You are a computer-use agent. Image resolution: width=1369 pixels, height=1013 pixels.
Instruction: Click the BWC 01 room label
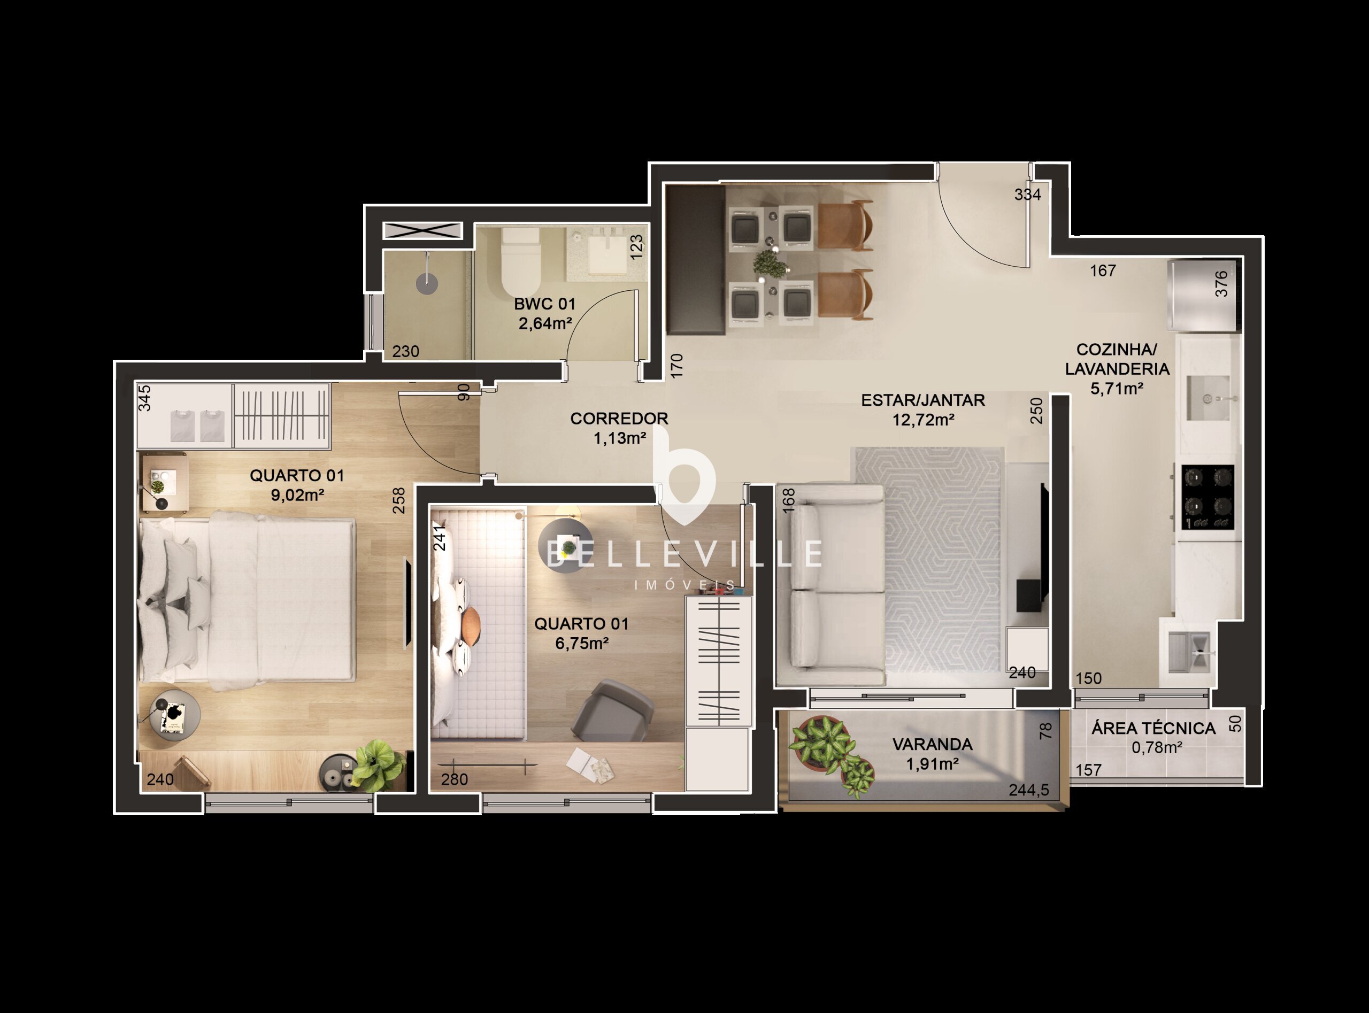tap(544, 304)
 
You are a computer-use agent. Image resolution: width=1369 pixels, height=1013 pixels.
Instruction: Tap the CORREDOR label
tap(619, 419)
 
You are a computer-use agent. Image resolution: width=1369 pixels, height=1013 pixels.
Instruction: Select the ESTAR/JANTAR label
tap(922, 400)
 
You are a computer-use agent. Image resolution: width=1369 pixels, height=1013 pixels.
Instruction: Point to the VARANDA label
tap(932, 745)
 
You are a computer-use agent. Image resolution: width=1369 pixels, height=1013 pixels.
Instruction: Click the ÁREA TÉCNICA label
tap(1153, 729)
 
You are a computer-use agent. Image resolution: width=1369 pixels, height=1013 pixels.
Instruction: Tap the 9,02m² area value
tap(297, 495)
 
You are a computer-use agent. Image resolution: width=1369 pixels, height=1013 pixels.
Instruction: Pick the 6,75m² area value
tap(581, 643)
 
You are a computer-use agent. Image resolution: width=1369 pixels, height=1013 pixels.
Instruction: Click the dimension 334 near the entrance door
tap(1027, 195)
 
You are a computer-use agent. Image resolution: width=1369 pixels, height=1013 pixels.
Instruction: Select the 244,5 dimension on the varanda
tap(1028, 791)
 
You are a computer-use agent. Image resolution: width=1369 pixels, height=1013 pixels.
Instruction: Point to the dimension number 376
tap(1221, 284)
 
